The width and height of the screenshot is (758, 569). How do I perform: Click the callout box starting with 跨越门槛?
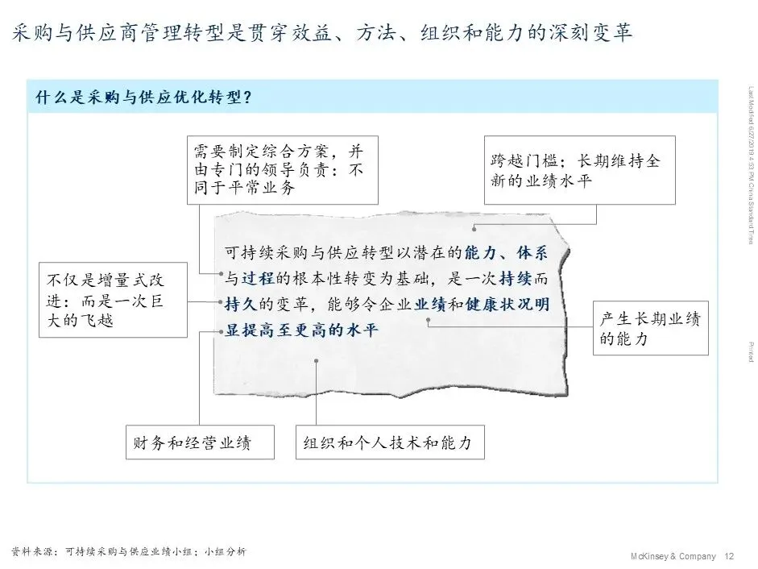click(x=578, y=170)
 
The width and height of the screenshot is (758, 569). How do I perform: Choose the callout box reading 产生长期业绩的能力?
click(x=650, y=328)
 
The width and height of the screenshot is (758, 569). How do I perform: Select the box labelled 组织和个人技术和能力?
click(x=389, y=442)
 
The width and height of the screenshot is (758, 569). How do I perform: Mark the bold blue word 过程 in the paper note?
click(x=259, y=279)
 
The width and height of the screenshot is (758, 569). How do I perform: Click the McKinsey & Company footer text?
click(x=673, y=556)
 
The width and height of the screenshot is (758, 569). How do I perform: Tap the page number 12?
click(x=730, y=556)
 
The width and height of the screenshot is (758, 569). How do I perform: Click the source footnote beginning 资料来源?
click(x=128, y=552)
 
